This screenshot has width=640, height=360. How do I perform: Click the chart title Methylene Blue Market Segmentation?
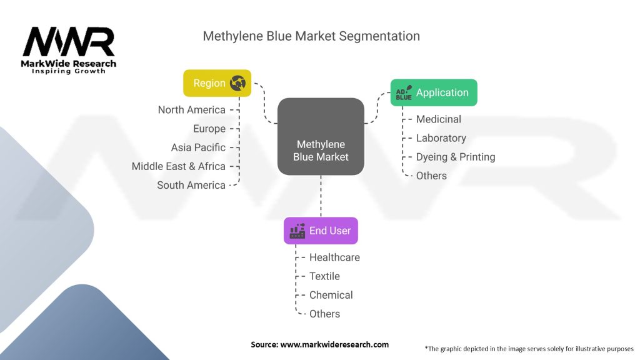pyautogui.click(x=311, y=36)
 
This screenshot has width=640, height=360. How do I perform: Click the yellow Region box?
pyautogui.click(x=217, y=83)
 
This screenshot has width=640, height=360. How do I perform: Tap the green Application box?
pyautogui.click(x=434, y=92)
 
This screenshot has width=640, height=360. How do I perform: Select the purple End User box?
pyautogui.click(x=321, y=231)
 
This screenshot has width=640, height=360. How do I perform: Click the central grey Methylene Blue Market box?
pyautogui.click(x=321, y=136)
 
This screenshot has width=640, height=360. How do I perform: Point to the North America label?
pyautogui.click(x=191, y=110)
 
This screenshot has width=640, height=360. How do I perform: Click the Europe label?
pyautogui.click(x=209, y=129)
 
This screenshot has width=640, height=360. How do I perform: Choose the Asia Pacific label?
pyautogui.click(x=198, y=147)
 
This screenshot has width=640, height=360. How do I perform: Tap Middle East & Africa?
pyautogui.click(x=178, y=166)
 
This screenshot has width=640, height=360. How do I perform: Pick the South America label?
pyautogui.click(x=191, y=185)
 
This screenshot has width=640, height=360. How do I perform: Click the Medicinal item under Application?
pyautogui.click(x=438, y=119)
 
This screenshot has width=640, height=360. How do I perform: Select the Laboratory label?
pyautogui.click(x=441, y=138)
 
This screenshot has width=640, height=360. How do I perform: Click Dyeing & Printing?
pyautogui.click(x=455, y=157)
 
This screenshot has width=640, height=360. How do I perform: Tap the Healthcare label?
pyautogui.click(x=334, y=257)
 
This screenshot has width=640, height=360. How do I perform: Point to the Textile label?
pyautogui.click(x=324, y=276)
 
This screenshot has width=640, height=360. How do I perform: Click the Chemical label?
pyautogui.click(x=331, y=295)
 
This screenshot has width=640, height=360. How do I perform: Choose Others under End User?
pyautogui.click(x=324, y=314)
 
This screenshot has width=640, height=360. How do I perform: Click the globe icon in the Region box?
pyautogui.click(x=238, y=83)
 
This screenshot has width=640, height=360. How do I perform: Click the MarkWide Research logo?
pyautogui.click(x=69, y=50)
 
